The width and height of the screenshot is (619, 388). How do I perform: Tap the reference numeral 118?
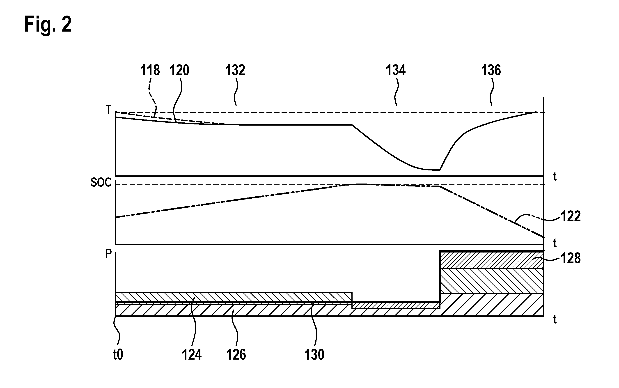click(150, 70)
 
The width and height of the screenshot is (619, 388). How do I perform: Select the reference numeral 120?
click(179, 70)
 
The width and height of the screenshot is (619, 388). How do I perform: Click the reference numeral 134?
click(396, 70)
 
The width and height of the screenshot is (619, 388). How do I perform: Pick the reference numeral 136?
click(491, 70)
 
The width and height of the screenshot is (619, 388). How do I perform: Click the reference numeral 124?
click(192, 355)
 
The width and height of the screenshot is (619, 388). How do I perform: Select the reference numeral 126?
click(236, 355)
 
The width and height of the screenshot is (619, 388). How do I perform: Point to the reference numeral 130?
click(314, 355)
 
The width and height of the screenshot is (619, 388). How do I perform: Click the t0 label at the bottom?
click(118, 355)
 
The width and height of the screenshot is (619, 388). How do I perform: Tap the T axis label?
click(109, 110)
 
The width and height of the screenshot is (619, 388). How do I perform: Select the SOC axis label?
click(101, 182)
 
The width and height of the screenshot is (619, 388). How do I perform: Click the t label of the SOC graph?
click(555, 243)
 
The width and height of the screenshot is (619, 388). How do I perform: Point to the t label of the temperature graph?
click(555, 177)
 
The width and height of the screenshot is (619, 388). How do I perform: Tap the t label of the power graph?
click(555, 319)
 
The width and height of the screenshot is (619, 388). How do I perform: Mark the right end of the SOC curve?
click(543, 237)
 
